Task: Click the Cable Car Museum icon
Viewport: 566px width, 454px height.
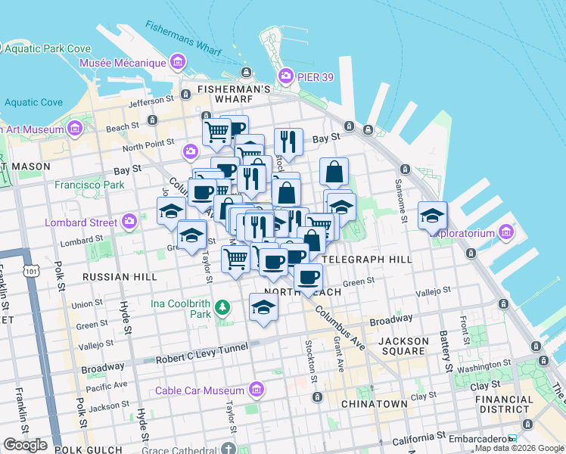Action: point(257,390)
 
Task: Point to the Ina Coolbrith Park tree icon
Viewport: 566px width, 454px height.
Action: point(222,307)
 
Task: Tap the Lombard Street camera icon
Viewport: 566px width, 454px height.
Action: point(129,222)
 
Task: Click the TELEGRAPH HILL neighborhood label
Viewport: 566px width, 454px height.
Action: point(366,259)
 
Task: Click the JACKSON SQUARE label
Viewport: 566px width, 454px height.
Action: point(403,346)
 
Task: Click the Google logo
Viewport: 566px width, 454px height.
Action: point(26,445)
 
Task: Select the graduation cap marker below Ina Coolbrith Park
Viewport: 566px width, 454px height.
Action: point(263,306)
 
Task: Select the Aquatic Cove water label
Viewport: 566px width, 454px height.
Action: point(33,102)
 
